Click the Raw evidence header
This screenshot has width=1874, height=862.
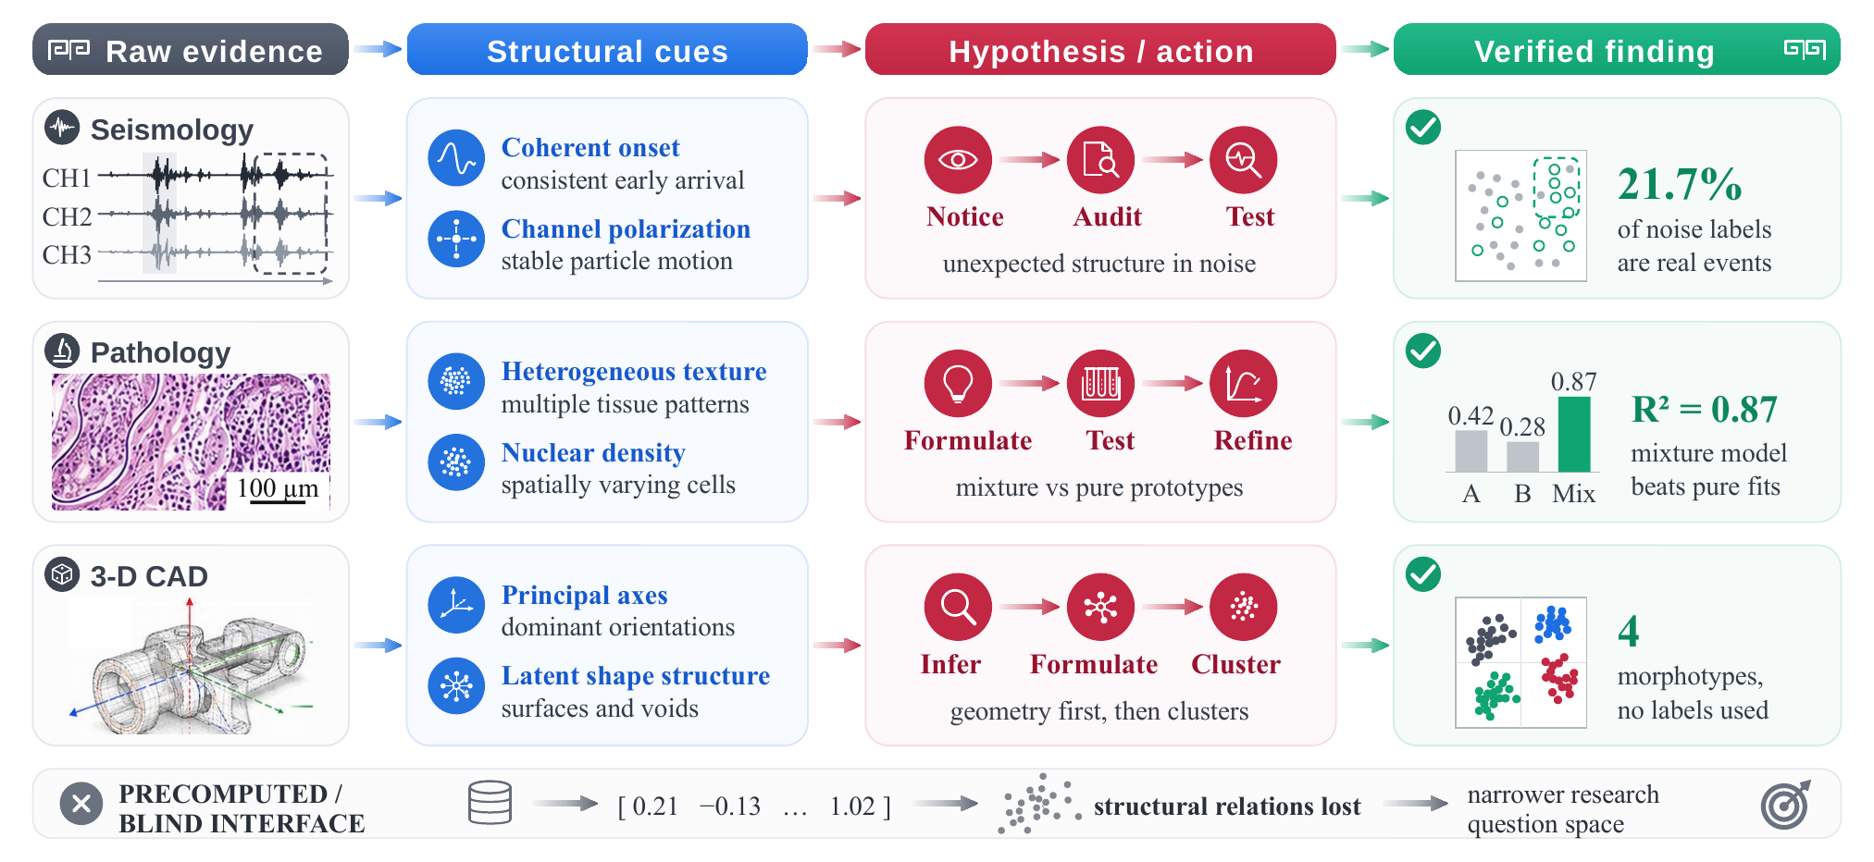click(x=191, y=50)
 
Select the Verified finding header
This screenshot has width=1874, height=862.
click(x=1617, y=50)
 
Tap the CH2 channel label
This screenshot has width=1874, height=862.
click(x=67, y=216)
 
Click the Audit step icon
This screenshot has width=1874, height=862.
click(x=1100, y=160)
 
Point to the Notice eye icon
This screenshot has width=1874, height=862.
click(x=958, y=160)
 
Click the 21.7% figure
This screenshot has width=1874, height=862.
click(x=1680, y=184)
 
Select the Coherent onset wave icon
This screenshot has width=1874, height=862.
click(x=456, y=158)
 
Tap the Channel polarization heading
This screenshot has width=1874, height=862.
click(x=626, y=228)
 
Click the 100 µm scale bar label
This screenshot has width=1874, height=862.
click(x=278, y=488)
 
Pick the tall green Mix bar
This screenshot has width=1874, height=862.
click(x=1574, y=435)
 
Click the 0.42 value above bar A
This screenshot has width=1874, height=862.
click(x=1471, y=415)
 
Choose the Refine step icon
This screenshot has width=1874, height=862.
click(x=1243, y=384)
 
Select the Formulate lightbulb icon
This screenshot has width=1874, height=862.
click(x=958, y=384)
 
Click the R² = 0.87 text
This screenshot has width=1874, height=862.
click(x=1704, y=409)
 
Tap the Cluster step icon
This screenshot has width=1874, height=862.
click(x=1243, y=608)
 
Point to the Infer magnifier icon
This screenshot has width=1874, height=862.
click(x=958, y=608)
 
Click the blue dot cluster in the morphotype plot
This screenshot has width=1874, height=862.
click(x=1553, y=624)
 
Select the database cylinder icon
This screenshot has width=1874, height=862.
click(x=490, y=803)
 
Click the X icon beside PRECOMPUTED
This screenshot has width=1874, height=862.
click(x=81, y=804)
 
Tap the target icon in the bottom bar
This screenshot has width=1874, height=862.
click(x=1785, y=805)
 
